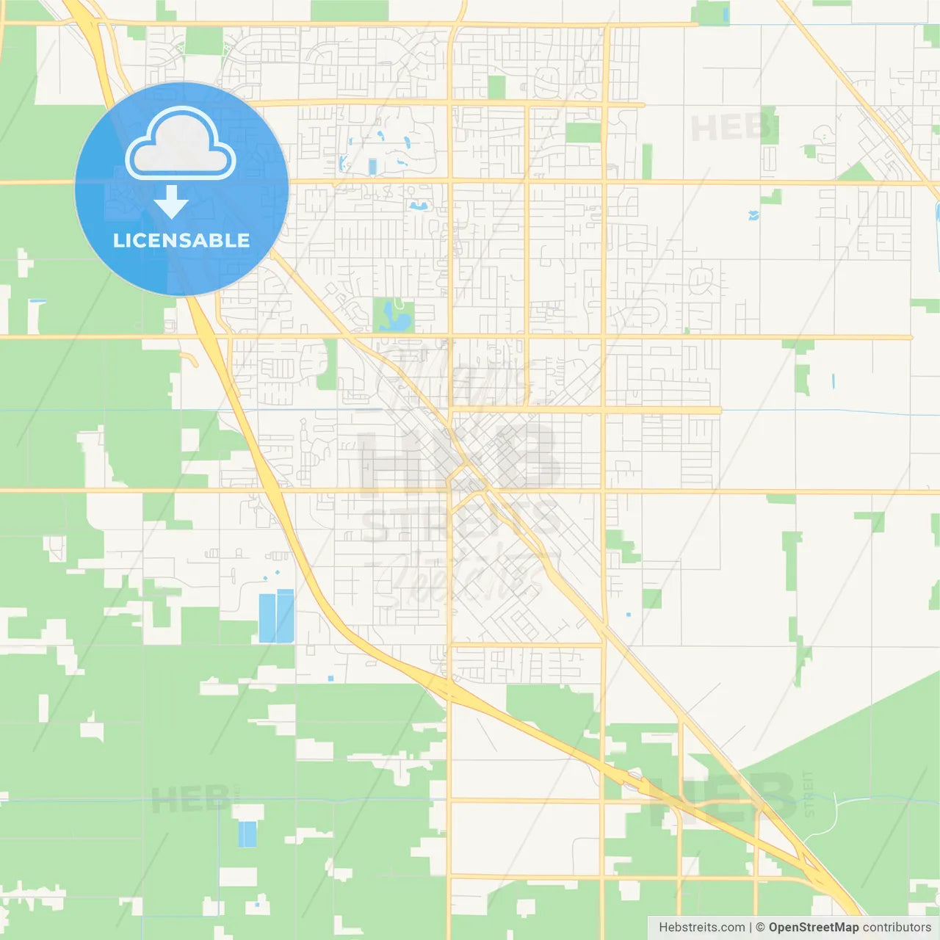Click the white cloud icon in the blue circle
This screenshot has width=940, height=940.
[181, 144]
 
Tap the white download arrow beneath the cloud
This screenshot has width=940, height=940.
[171, 201]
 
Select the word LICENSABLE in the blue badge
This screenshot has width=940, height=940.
[181, 240]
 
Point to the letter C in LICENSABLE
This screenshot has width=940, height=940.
[144, 240]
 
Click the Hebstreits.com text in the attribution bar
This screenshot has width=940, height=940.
[701, 928]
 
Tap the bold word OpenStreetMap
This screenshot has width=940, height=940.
[814, 928]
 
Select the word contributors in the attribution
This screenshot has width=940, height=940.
[897, 928]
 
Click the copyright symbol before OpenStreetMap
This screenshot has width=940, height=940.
[760, 928]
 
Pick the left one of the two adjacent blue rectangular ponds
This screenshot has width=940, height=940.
[267, 618]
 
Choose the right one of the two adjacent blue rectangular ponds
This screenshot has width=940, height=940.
[285, 616]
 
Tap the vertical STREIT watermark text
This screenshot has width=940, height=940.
[809, 794]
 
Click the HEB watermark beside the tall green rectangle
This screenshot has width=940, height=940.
[731, 129]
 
